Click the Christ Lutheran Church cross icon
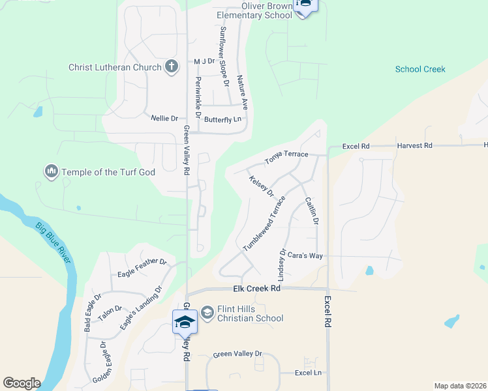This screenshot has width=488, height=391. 172,66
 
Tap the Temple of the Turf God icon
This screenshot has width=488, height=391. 51,172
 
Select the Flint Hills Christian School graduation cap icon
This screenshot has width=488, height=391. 207,313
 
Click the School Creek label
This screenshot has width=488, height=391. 420,69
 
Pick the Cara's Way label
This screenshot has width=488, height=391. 307,255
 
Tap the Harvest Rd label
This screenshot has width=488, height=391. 414,145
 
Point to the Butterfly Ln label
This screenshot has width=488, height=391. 222,119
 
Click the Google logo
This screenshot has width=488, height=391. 22,383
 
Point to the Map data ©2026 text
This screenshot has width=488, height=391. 461,386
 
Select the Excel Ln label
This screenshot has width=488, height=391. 309,373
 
